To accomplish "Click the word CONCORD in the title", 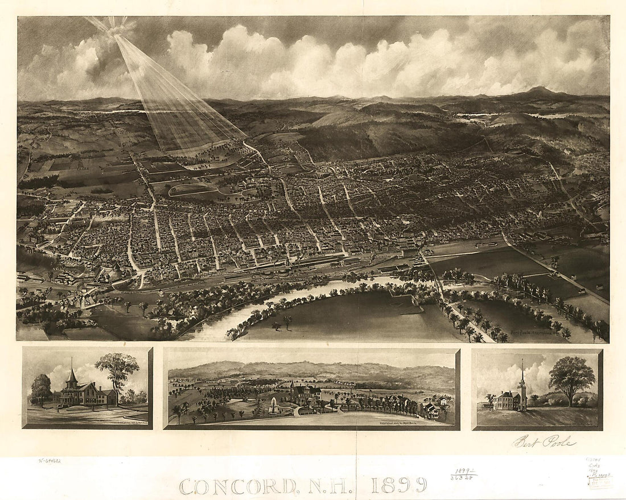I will click(x=238, y=486).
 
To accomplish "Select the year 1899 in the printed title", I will click(x=398, y=485).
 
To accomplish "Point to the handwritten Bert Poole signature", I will click(x=544, y=441).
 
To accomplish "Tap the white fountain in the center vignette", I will click(x=274, y=406).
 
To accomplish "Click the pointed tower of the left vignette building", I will click(x=72, y=376).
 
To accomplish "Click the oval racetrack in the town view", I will click(x=196, y=190).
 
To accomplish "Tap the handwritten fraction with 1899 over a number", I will click(x=464, y=474).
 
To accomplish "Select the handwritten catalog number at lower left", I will click(x=50, y=461).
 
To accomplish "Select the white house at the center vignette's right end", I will click(x=430, y=410).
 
